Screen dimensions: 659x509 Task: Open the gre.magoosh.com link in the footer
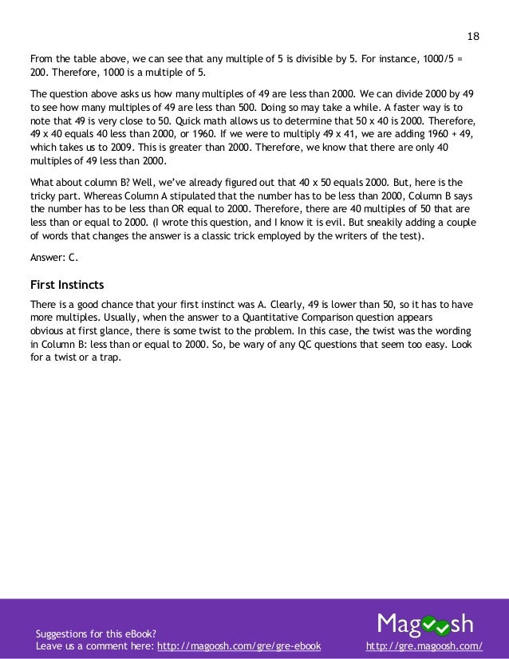pos(423,642)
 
